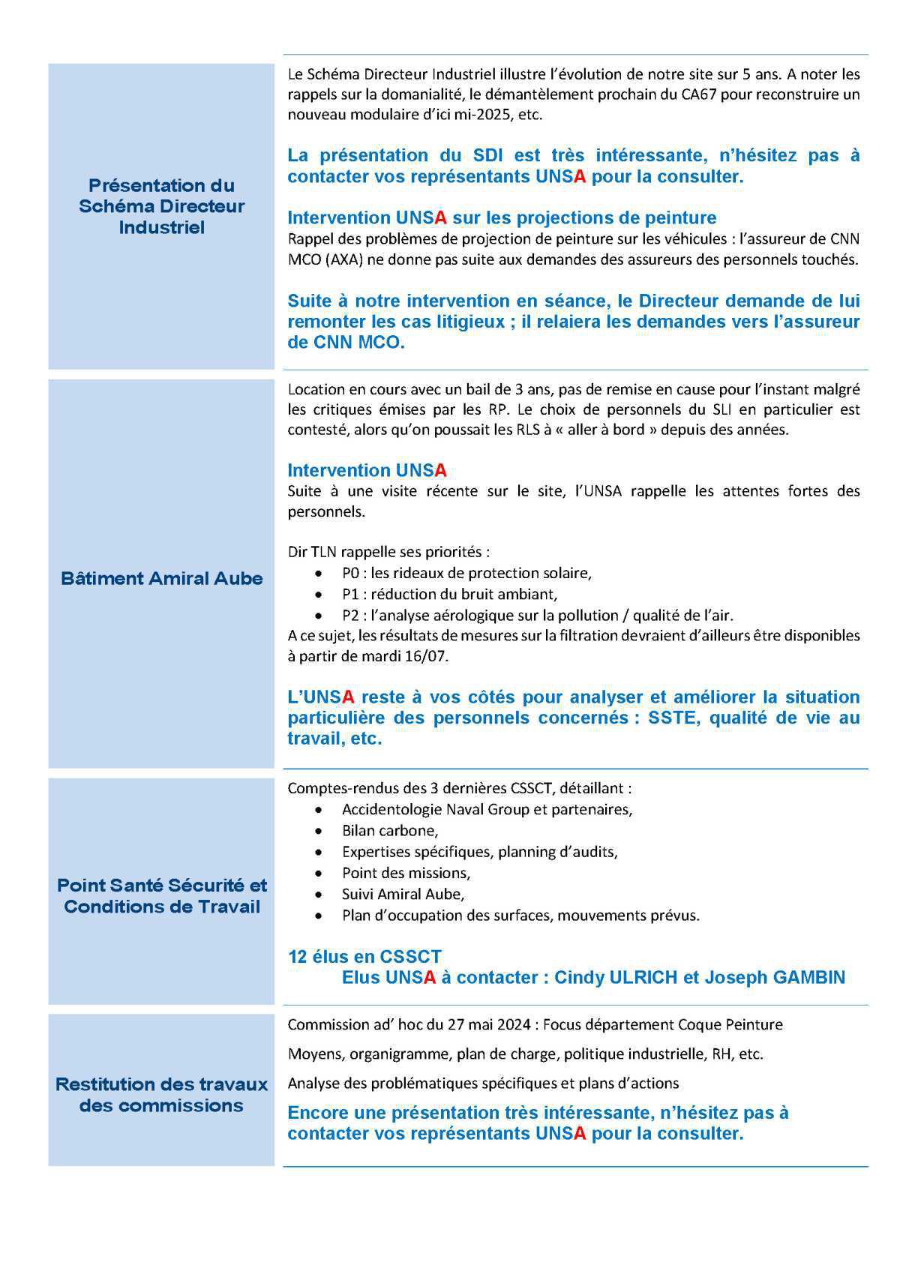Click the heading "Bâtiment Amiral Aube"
(161, 578)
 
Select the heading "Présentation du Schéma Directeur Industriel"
(161, 206)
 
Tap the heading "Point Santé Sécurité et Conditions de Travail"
(161, 895)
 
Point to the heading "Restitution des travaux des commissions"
(161, 1095)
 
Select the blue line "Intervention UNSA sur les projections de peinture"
(502, 217)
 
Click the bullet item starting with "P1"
(449, 594)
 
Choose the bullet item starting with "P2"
(537, 615)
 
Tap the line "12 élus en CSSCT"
(364, 957)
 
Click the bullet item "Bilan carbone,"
(390, 831)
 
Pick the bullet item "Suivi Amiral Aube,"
(403, 894)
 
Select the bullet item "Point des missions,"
(406, 873)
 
